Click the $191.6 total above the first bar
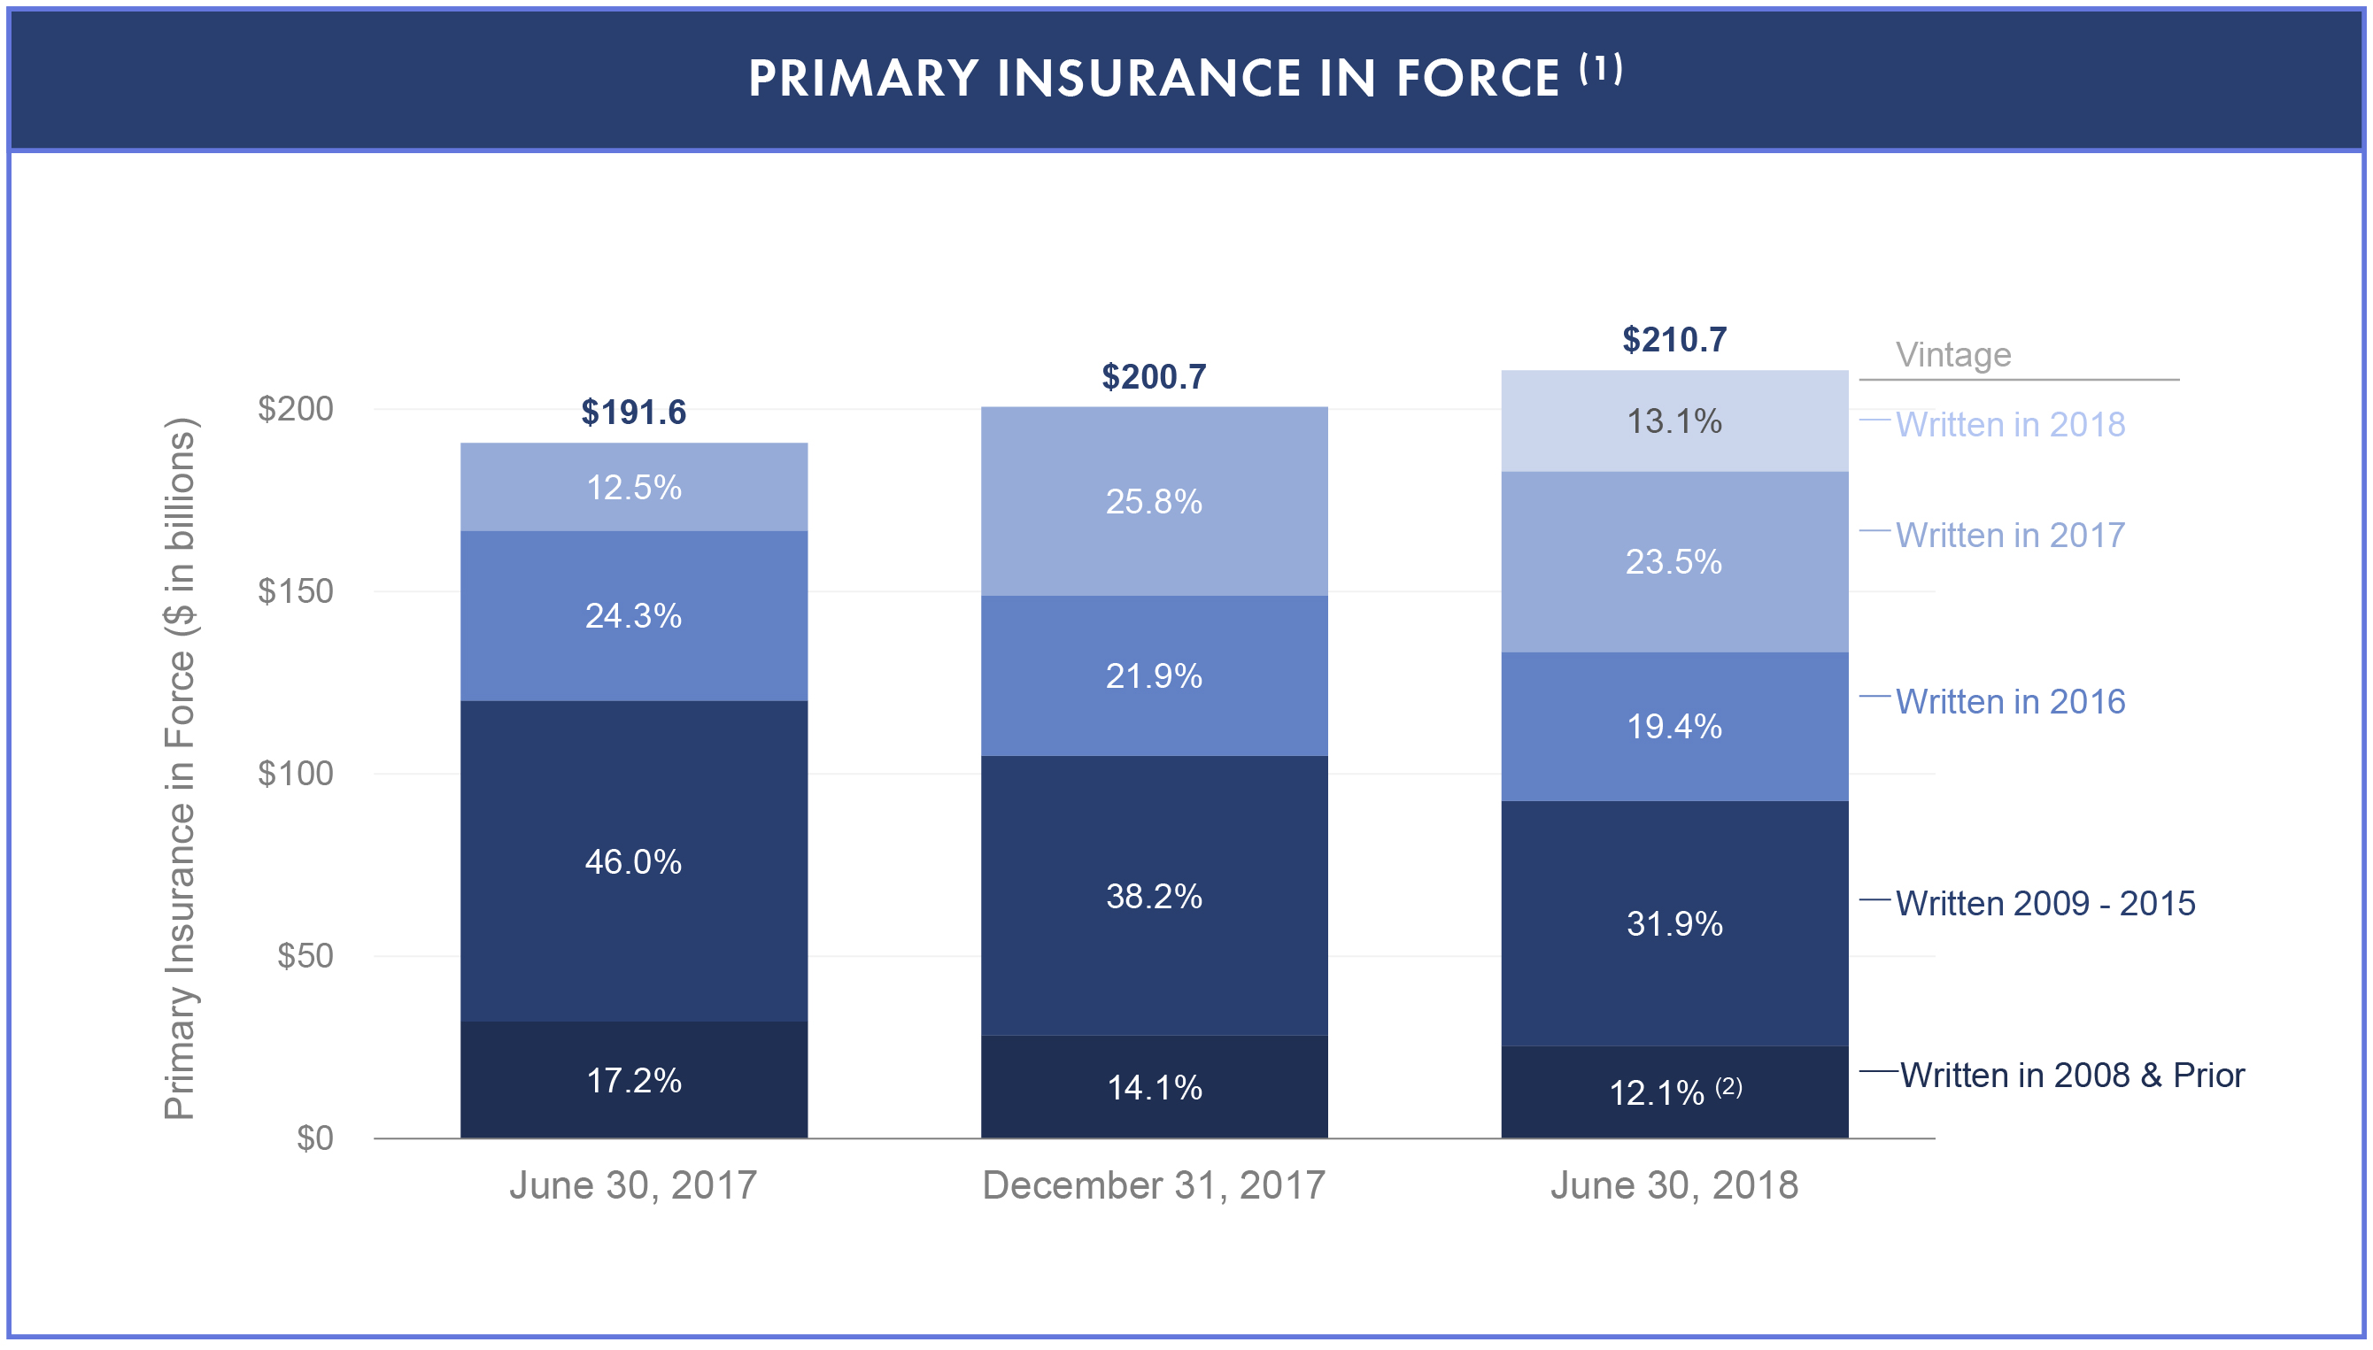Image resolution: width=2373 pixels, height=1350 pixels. pos(633,412)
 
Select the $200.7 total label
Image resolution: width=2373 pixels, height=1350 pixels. pos(1154,376)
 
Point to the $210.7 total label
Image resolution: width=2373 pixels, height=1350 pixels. pos(1673,339)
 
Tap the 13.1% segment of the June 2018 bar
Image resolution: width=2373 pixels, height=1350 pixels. pos(1673,422)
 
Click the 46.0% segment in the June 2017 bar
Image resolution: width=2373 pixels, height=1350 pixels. pos(633,862)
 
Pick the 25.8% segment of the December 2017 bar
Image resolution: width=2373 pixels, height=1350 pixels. pos(1154,502)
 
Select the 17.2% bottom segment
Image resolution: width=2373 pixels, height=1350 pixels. pos(633,1080)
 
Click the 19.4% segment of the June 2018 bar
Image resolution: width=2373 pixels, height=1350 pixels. pos(1673,726)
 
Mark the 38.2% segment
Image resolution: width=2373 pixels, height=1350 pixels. pos(1154,896)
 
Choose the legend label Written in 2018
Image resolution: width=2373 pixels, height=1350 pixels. pos(2009,425)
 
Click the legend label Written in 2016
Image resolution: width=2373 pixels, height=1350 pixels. pos(2009,702)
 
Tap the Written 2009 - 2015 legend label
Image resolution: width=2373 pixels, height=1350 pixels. pos(2044,903)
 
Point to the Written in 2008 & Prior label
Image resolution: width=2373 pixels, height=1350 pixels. pos(2072,1075)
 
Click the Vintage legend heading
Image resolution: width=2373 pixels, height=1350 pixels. pos(1953,354)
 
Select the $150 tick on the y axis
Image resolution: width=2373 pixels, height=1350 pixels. pos(295,590)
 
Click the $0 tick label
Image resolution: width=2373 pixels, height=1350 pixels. pos(314,1138)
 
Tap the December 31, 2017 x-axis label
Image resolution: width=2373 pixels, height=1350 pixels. pos(1154,1185)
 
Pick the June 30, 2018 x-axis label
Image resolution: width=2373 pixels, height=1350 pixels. pos(1673,1185)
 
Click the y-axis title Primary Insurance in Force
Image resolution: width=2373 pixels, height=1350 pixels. pos(179,769)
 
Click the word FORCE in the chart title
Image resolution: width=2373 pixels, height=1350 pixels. pos(1477,78)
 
